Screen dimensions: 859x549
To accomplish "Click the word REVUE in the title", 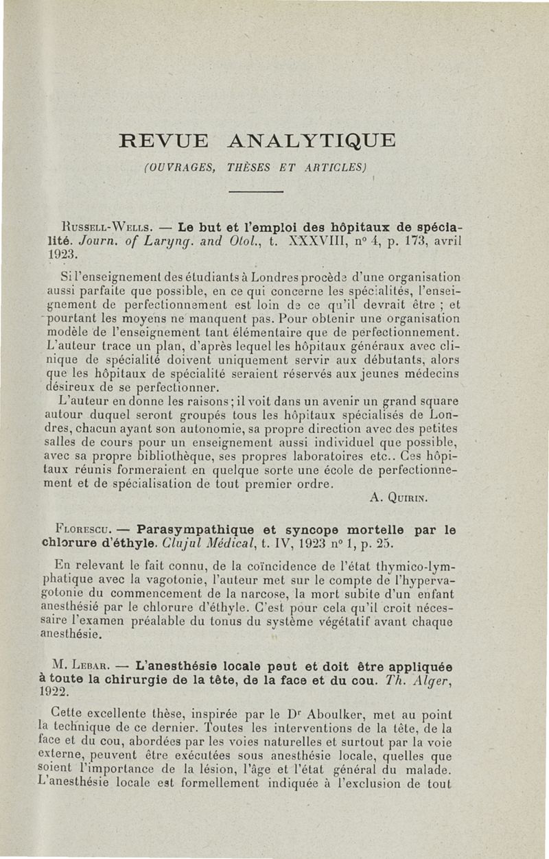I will coord(163,142).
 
